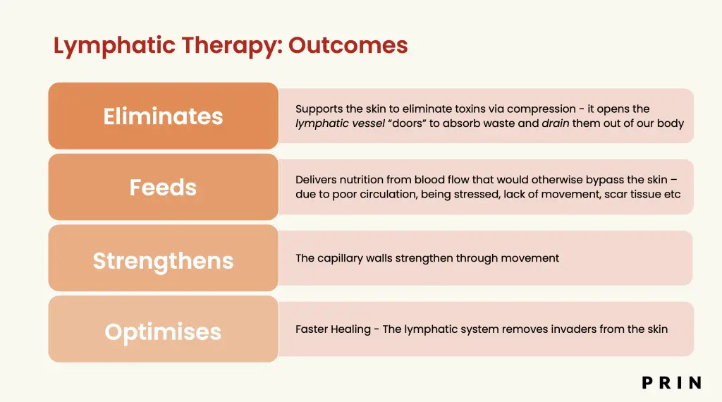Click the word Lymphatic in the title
pos(114,46)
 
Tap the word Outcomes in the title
pos(348,45)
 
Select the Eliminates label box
pos(164,116)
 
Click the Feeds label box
pos(164,187)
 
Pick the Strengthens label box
pos(164,258)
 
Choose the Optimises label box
pos(164,329)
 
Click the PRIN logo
pos(672,383)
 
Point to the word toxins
pos(476,109)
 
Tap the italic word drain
pos(556,123)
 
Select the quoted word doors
pos(408,123)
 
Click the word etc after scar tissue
pos(672,194)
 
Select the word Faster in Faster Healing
pos(311,329)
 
